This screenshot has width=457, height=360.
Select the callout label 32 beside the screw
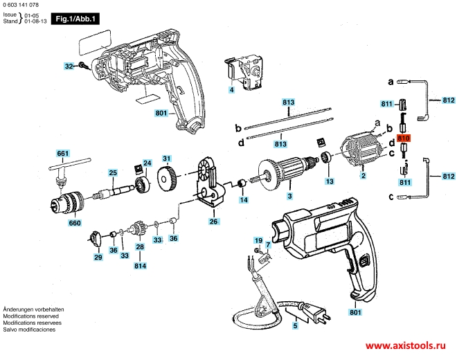coord(69,66)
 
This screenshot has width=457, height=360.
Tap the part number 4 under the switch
coord(232,90)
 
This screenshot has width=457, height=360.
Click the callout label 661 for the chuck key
coord(63,153)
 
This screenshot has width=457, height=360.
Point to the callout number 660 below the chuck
coord(75,224)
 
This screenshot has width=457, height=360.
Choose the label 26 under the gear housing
coord(214,222)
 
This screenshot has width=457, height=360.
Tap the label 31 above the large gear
coord(166,159)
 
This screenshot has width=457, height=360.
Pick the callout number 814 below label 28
coord(140,266)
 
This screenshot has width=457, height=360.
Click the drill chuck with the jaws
coord(69,204)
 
